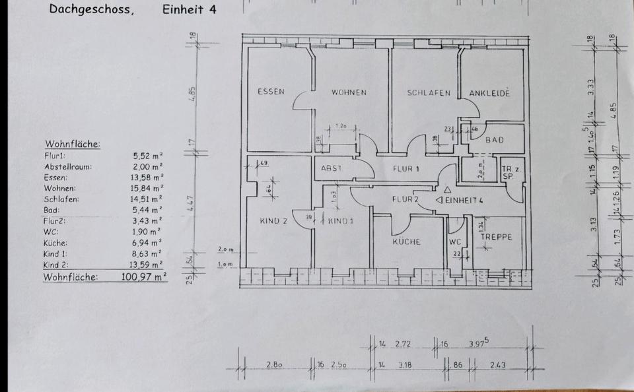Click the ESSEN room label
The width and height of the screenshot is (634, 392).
click(271, 92)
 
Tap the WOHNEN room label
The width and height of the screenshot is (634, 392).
click(349, 92)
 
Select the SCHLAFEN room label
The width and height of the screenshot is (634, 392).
click(429, 93)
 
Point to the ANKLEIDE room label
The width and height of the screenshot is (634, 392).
click(489, 94)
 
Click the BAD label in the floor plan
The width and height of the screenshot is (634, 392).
click(495, 140)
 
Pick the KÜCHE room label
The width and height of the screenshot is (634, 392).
click(407, 242)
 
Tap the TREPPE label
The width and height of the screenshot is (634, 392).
click(497, 237)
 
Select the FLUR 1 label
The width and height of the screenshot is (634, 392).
click(406, 168)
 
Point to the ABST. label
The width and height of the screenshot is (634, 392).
click(332, 168)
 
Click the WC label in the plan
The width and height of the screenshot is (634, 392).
click(455, 241)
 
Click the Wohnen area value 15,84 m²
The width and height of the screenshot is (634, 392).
click(148, 187)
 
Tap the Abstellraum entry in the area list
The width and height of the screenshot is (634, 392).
click(68, 166)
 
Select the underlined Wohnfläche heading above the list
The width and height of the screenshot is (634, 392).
click(73, 144)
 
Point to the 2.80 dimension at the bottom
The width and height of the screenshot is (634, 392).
click(275, 364)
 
